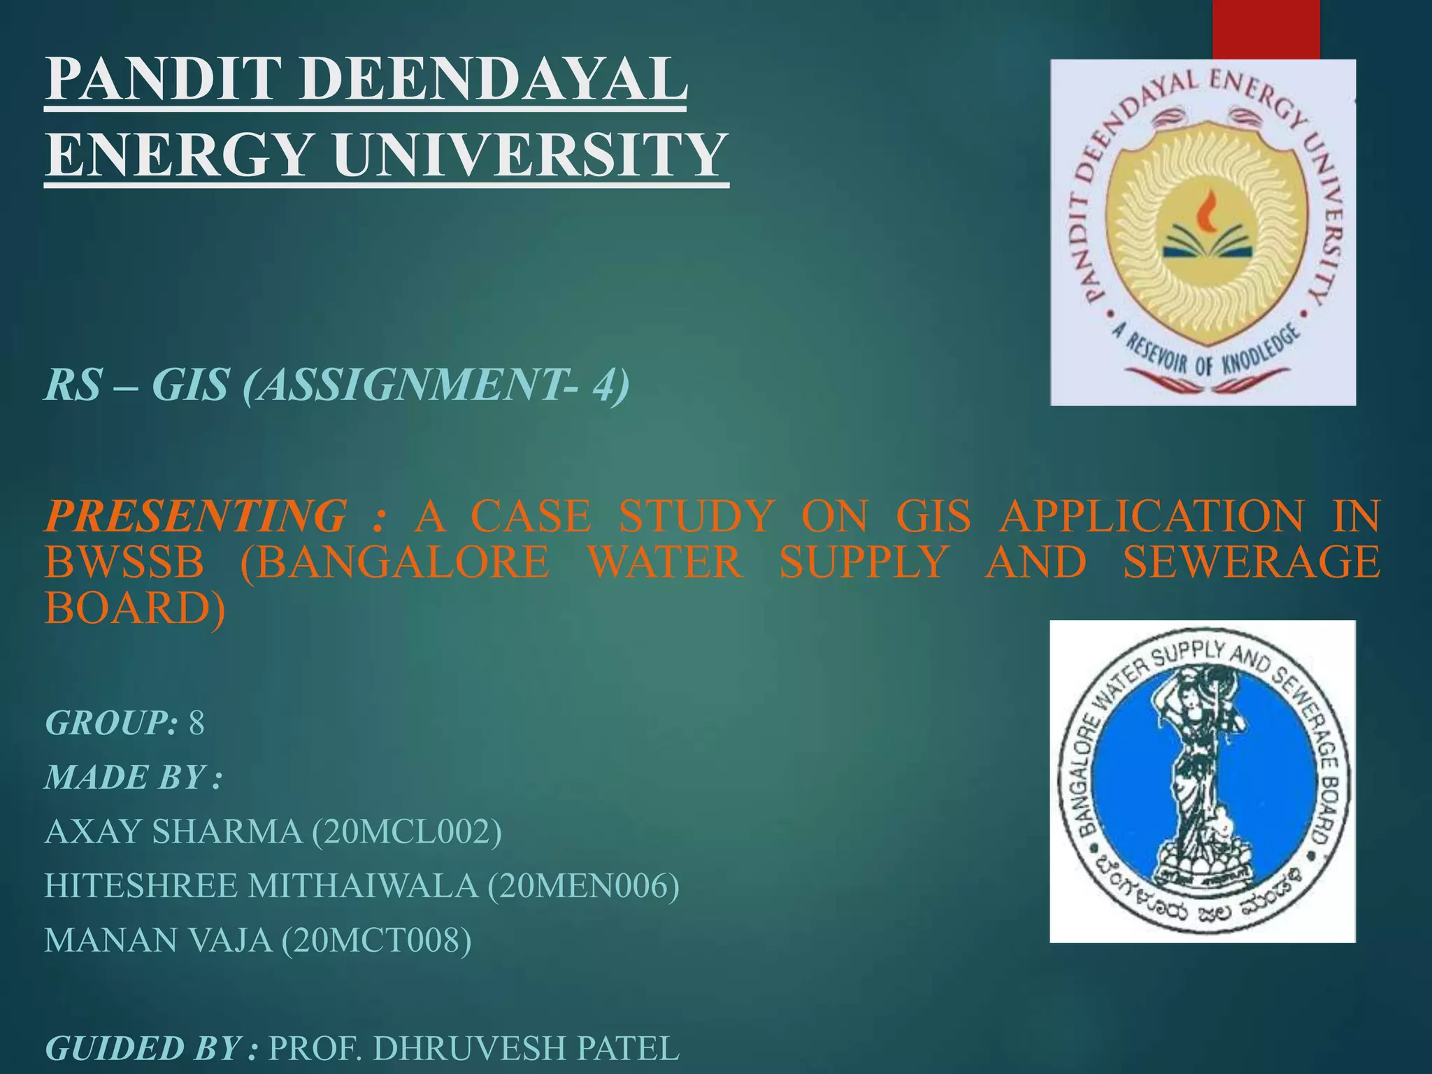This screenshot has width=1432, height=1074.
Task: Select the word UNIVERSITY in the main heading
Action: point(531,155)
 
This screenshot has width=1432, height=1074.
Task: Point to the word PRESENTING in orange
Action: point(196,516)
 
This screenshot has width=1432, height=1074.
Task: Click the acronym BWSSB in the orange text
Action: point(124,561)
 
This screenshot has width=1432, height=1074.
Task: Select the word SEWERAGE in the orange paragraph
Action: point(1252,561)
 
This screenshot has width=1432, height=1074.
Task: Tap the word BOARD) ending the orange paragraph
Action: point(135,608)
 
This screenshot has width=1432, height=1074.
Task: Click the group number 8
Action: point(196,722)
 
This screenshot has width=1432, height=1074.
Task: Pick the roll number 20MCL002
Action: point(406,831)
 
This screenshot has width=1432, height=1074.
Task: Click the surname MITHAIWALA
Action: point(364,886)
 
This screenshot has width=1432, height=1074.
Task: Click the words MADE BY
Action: point(126,777)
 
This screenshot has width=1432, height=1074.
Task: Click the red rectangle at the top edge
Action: point(1266,28)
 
